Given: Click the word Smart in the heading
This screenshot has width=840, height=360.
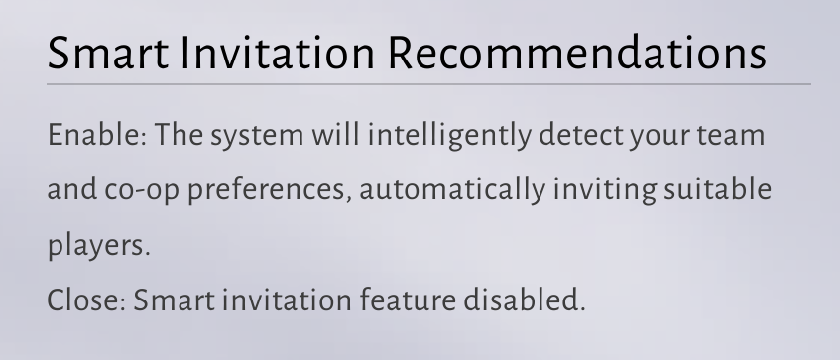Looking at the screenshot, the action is coord(108,53).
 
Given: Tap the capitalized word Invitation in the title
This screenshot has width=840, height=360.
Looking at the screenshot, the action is coord(278,53).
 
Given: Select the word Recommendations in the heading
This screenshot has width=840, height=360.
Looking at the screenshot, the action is coord(577,53).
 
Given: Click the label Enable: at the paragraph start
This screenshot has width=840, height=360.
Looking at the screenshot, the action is coord(97,134).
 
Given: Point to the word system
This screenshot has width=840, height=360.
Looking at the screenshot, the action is coord(257,136).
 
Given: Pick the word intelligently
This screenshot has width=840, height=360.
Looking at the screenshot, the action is coord(449,136).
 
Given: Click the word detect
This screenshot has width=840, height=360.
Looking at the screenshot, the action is coord(581,134).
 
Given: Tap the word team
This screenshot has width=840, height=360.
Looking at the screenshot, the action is coord(731,136).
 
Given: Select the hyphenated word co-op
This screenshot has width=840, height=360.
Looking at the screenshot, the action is coord(142,191).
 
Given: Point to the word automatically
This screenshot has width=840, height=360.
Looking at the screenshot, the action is coord(452,190).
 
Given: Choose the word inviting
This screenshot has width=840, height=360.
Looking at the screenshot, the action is coord(604,190).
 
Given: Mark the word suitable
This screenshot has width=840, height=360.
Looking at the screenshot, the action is coord(717,189).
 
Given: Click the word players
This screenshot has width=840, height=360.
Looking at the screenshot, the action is coord(98,246).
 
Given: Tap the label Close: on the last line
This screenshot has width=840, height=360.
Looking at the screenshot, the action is coord(87,300).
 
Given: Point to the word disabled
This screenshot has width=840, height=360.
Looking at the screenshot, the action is coord(524,299).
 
